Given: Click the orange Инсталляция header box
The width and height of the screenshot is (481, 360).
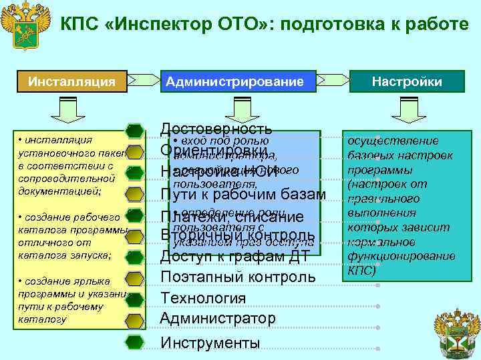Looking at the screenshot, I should click(71, 82).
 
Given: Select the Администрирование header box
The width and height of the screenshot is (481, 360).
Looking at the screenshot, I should click(234, 82).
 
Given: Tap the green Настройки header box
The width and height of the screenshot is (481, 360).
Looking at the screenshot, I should click(407, 82).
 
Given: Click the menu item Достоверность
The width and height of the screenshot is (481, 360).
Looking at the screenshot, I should click(216, 129).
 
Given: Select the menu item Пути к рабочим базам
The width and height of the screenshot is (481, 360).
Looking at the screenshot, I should click(243, 194).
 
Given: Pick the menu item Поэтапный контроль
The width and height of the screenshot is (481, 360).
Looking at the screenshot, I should click(238, 277).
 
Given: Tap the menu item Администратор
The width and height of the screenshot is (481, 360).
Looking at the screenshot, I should click(218, 319).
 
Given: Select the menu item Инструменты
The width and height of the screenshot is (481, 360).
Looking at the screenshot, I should click(210, 343).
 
